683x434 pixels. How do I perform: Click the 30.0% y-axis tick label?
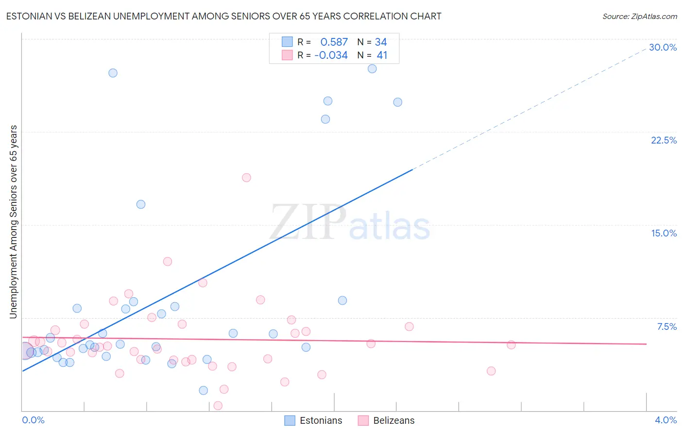(x=663, y=47)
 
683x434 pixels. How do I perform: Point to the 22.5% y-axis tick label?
(x=664, y=140)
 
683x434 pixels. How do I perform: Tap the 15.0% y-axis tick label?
(x=664, y=233)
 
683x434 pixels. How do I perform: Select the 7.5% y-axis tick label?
(x=666, y=326)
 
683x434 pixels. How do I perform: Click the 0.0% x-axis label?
(x=33, y=420)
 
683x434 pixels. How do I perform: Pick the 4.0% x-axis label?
(x=666, y=420)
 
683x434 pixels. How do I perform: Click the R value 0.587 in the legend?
(x=334, y=42)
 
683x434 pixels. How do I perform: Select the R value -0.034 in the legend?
(x=331, y=55)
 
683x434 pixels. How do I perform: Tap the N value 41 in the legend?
(x=382, y=55)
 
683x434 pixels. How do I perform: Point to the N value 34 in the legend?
(x=381, y=42)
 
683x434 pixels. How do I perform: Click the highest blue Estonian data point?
(x=372, y=69)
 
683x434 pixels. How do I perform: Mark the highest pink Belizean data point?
(x=246, y=178)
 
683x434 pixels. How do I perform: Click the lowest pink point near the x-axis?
(x=218, y=406)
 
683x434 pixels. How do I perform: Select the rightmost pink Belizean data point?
(x=511, y=345)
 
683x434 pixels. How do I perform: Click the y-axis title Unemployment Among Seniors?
(x=13, y=222)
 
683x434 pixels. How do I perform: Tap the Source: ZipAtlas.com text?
(x=639, y=17)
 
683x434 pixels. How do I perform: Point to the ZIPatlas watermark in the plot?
(x=350, y=223)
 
